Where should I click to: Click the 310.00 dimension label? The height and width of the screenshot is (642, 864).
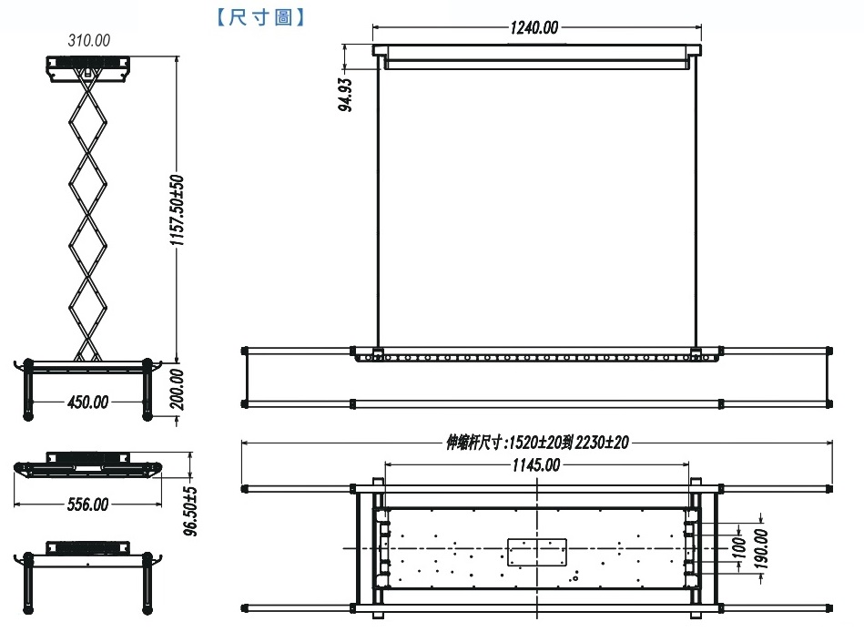click(x=89, y=41)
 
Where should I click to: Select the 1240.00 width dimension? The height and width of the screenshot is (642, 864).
click(x=534, y=28)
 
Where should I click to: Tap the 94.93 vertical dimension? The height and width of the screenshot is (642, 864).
click(x=345, y=94)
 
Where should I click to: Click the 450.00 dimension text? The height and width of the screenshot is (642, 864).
click(x=88, y=402)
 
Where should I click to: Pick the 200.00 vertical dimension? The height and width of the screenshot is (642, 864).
click(x=178, y=389)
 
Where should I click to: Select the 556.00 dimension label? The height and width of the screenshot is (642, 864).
click(x=88, y=504)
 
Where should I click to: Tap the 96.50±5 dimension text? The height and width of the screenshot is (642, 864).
click(x=192, y=511)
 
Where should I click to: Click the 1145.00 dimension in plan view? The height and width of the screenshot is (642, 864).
click(x=534, y=464)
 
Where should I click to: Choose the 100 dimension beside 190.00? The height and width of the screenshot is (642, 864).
click(x=739, y=548)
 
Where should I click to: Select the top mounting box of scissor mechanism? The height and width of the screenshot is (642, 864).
click(x=89, y=66)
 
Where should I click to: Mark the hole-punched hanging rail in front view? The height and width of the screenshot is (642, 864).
click(x=537, y=358)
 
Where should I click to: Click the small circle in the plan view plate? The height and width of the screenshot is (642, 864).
click(x=575, y=577)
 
